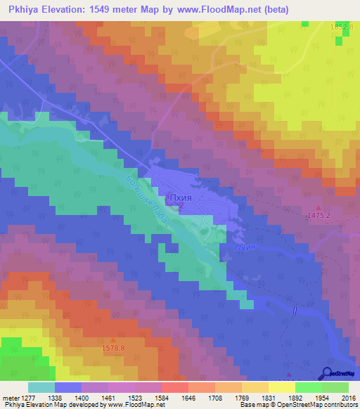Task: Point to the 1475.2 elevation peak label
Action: pyautogui.click(x=320, y=217)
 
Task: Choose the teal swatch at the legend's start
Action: pyautogui.click(x=41, y=387)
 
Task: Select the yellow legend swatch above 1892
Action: pyautogui.click(x=281, y=387)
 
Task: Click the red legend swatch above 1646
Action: pyautogui.click(x=174, y=387)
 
